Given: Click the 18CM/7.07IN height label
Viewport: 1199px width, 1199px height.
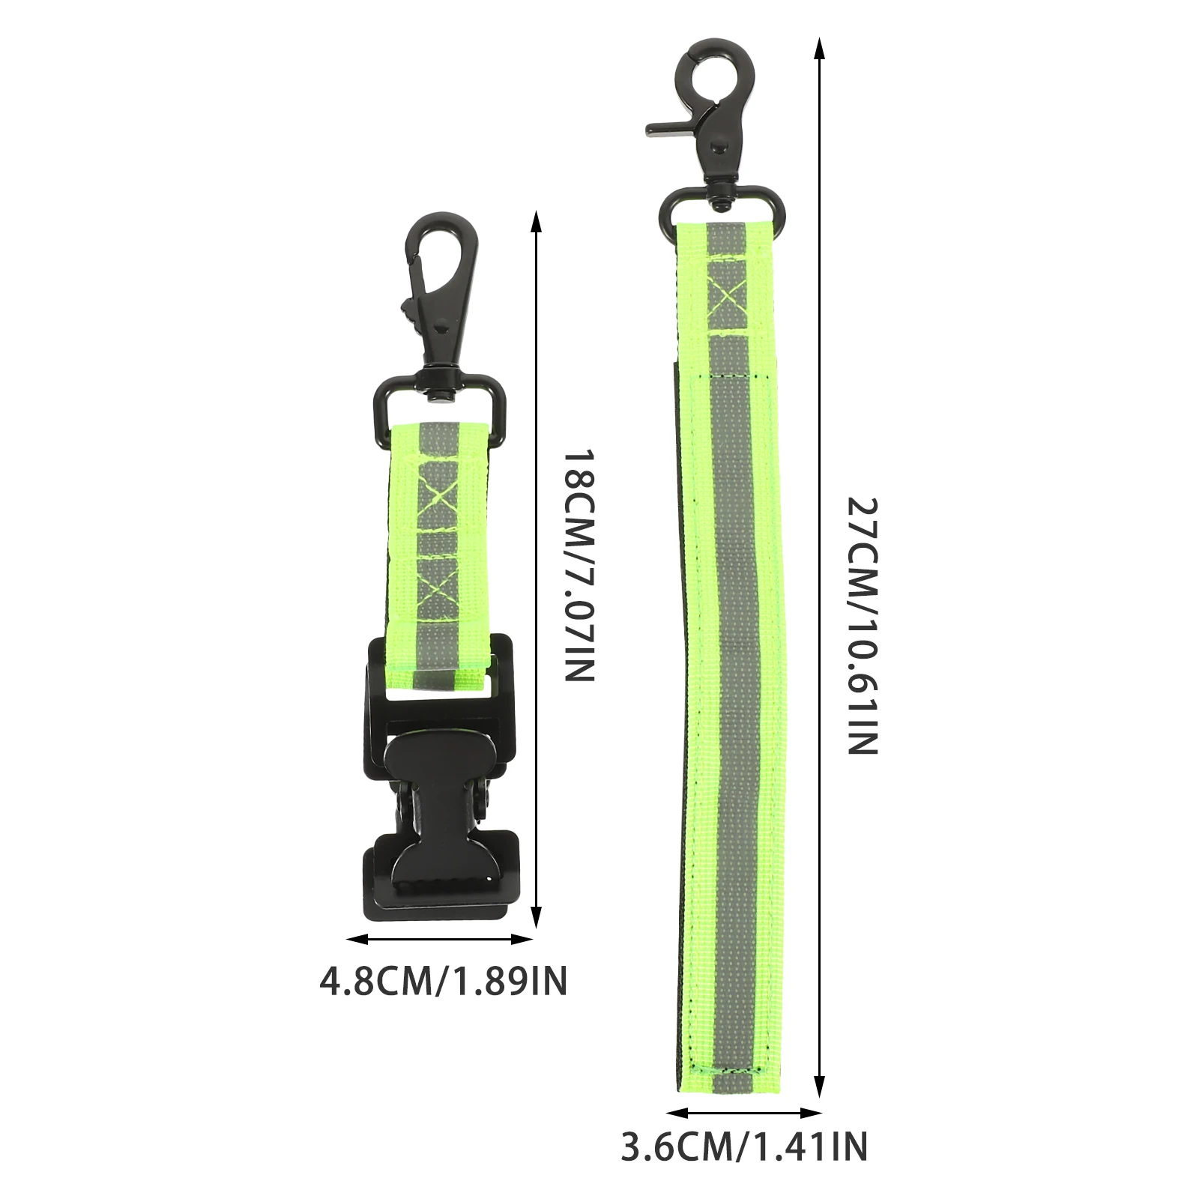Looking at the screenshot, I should pyautogui.click(x=579, y=566).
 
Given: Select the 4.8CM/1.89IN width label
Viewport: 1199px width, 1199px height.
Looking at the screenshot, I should pyautogui.click(x=444, y=982).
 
